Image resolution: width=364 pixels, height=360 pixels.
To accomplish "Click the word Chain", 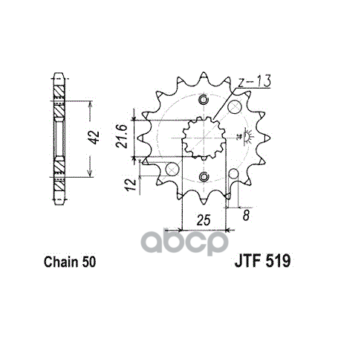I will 57,262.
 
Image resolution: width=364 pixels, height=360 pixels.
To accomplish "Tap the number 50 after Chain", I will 85,262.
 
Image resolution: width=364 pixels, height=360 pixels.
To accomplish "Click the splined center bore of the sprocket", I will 204,138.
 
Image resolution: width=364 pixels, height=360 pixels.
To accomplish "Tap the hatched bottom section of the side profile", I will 59,170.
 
